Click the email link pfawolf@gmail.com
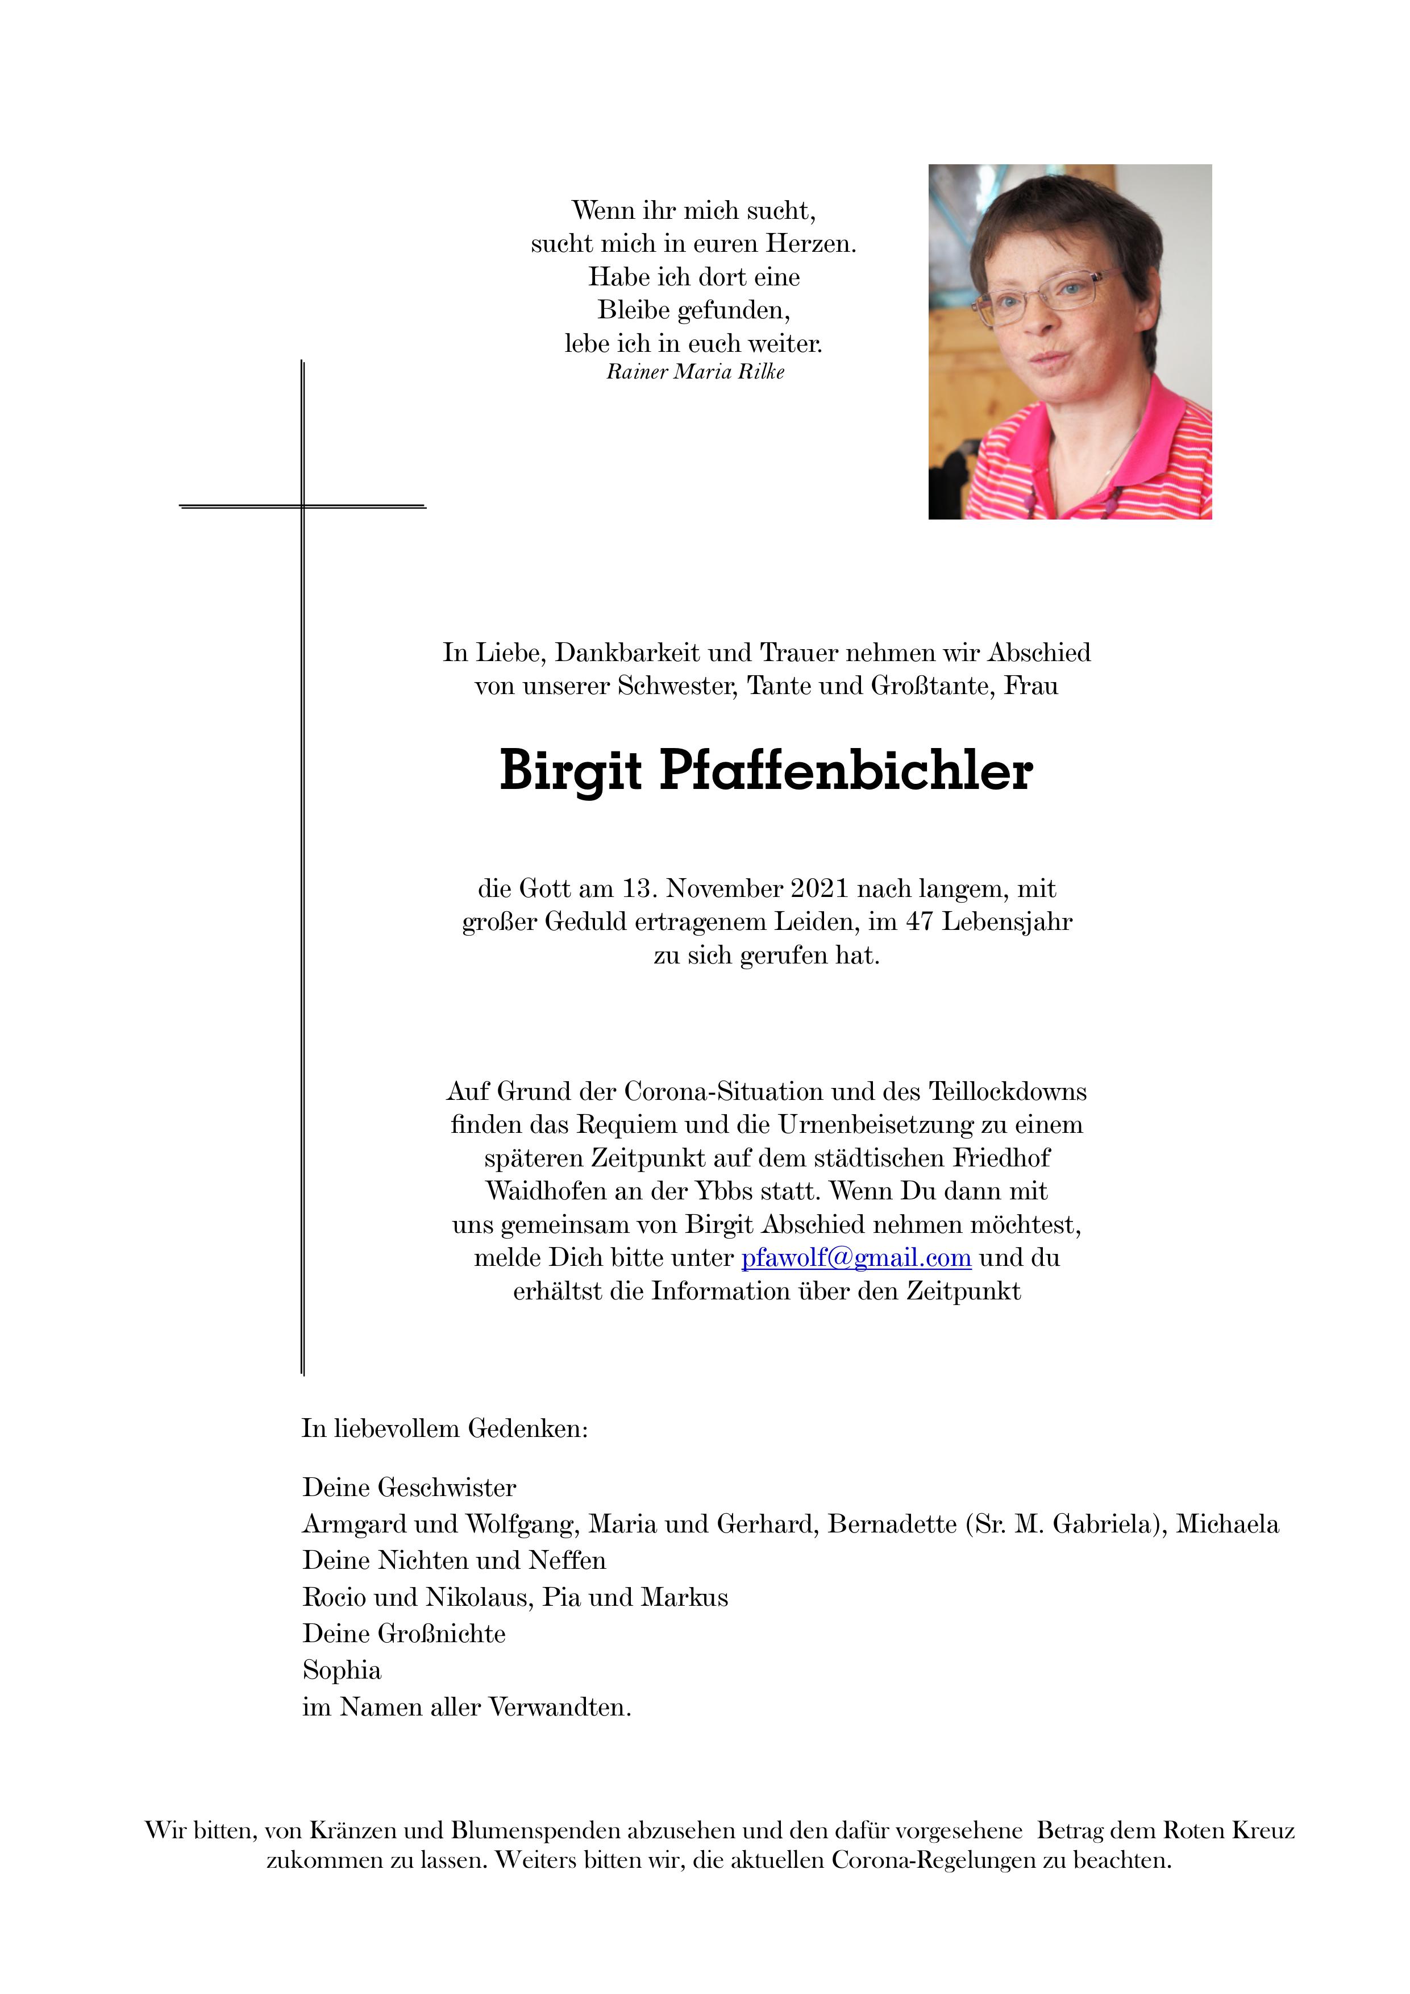point(855,1258)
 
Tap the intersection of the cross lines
point(302,505)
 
